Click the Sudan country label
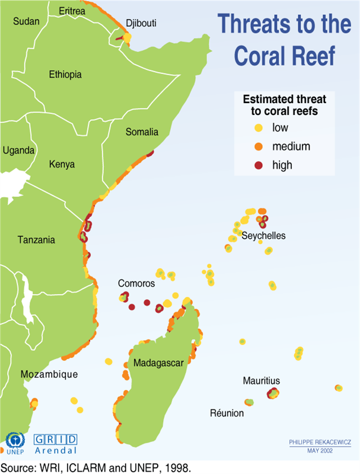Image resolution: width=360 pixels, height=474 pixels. click(x=26, y=21)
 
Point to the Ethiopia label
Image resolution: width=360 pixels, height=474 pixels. click(x=65, y=75)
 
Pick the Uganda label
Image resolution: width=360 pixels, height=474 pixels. click(x=19, y=150)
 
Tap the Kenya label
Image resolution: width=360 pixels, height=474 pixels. click(x=62, y=164)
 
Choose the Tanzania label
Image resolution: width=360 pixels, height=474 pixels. click(x=36, y=240)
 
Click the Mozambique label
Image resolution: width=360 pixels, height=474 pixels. click(x=49, y=374)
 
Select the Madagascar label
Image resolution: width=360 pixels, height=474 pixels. click(x=158, y=363)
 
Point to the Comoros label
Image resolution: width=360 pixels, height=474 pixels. click(x=136, y=284)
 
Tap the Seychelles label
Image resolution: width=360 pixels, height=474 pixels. click(x=263, y=236)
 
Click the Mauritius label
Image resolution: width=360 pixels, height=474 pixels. click(x=261, y=380)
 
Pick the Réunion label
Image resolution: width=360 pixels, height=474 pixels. click(x=227, y=413)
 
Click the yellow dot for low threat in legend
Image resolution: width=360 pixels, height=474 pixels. click(x=259, y=127)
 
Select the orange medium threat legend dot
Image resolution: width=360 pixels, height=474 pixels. click(x=259, y=146)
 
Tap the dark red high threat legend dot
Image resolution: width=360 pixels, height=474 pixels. click(x=259, y=165)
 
